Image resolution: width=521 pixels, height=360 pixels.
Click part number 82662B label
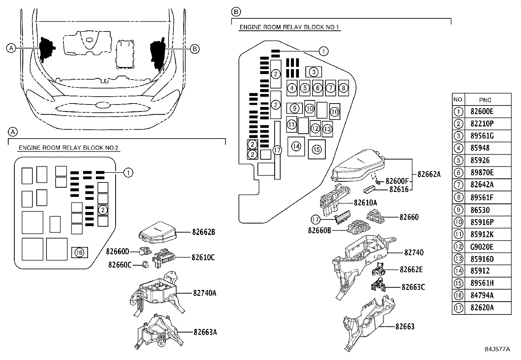pos(203,232)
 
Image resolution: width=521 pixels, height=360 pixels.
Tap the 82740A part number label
pos(205,293)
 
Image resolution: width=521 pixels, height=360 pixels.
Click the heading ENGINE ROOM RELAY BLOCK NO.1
pos(289,27)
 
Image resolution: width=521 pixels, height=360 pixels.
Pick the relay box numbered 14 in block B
pos(296,146)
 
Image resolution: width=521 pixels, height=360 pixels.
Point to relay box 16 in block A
pos(80,252)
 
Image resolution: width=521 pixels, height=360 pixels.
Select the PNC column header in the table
pos(485,100)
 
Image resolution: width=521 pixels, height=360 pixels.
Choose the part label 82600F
pos(397,181)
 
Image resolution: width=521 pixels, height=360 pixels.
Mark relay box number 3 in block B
pos(314,72)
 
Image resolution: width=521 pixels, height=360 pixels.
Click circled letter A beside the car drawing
pos(11,48)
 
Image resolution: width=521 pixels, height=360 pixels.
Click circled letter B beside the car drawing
pos(194,49)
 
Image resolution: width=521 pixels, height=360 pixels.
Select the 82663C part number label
pos(413,287)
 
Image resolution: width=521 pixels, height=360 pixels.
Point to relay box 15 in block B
pos(316,149)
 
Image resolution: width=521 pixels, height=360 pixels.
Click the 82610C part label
pos(203,257)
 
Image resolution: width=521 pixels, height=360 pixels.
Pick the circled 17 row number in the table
pos(458,308)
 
